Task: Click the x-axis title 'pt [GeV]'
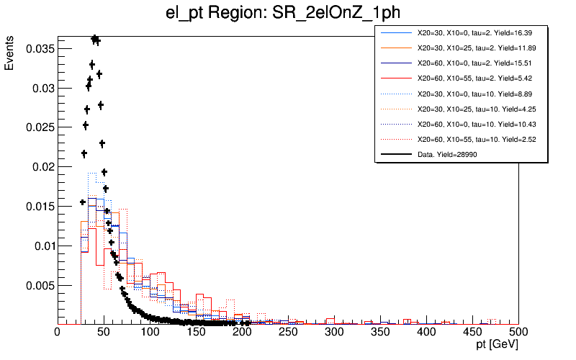coord(494,346)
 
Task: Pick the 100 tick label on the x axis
coord(149,332)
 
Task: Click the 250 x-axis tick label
coord(287,332)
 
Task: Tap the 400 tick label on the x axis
coord(426,332)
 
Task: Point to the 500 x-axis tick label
coord(518,332)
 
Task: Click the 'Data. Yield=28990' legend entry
coord(446,154)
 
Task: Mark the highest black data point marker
coord(94,38)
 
